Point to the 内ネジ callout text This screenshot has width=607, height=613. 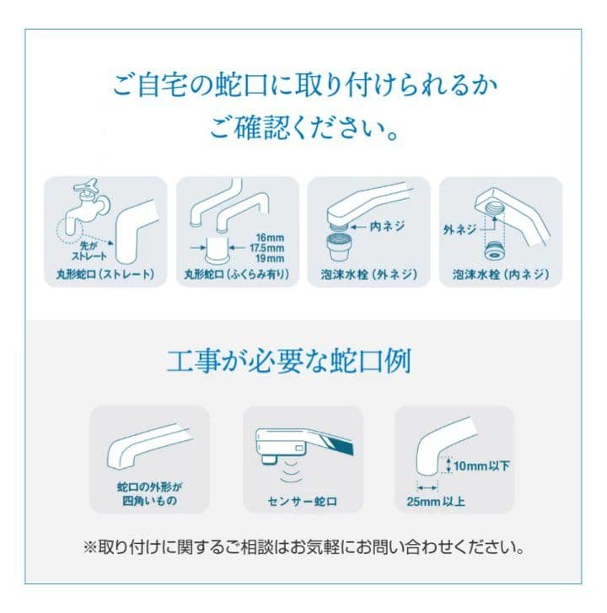pyautogui.click(x=388, y=227)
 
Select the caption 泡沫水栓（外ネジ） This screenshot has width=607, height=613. pyautogui.click(x=368, y=275)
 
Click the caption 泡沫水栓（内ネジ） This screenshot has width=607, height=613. pyautogui.click(x=501, y=275)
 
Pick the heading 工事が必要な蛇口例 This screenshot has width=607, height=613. pyautogui.click(x=303, y=363)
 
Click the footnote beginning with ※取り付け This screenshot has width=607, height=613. pyautogui.click(x=303, y=547)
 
